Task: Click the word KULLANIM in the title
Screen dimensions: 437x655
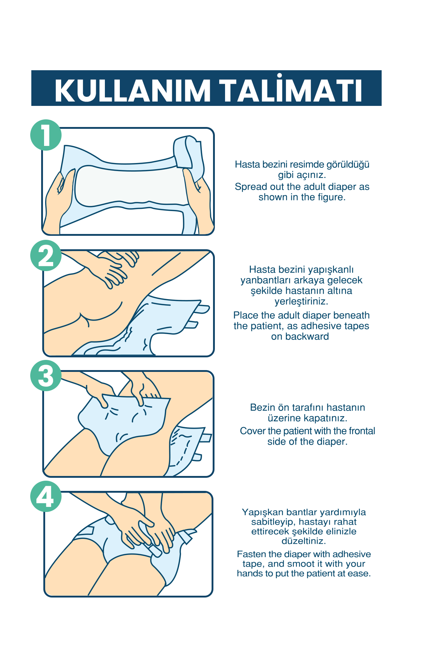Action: pos(133,91)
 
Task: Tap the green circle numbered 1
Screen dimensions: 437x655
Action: pos(46,135)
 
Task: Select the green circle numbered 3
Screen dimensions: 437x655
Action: pos(46,376)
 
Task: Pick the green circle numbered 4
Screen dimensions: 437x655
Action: pos(46,496)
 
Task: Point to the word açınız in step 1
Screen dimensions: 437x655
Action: pos(310,175)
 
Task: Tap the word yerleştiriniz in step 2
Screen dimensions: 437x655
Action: pos(302,302)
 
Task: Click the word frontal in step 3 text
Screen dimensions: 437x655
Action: pos(362,431)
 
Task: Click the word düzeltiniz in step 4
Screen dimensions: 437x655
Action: pos(303,541)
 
